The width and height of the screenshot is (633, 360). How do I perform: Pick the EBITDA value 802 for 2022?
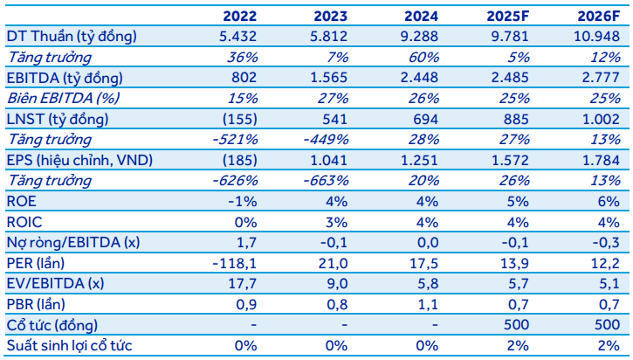click(243, 77)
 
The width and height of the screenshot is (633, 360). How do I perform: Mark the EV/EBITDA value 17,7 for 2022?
click(243, 283)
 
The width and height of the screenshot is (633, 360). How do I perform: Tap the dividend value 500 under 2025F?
click(517, 325)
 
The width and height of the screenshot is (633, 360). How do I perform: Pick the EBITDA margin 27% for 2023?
click(335, 97)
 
